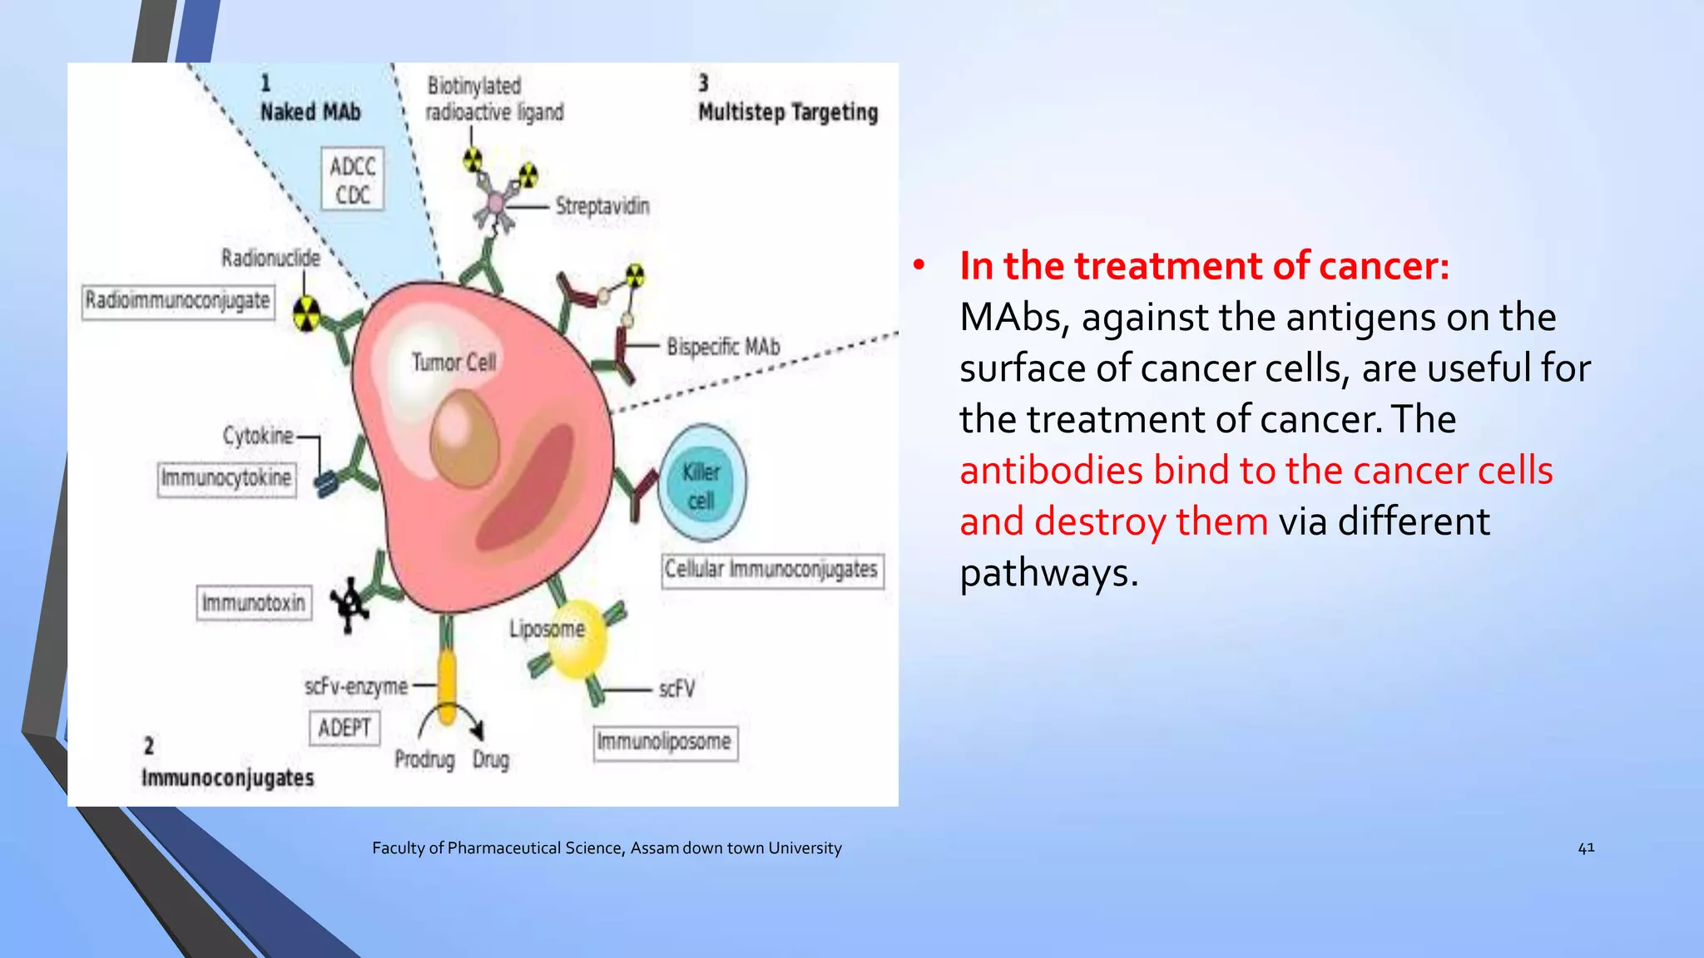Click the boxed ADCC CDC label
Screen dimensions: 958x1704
tap(353, 180)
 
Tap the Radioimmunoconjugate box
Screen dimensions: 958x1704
tap(178, 300)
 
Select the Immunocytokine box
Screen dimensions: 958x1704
tap(226, 478)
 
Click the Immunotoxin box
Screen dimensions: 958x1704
tap(254, 603)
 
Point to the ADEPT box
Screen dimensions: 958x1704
tap(344, 728)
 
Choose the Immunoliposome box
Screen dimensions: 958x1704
tap(665, 742)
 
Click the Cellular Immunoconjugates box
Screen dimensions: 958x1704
tap(771, 570)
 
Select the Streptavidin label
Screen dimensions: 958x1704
tap(602, 206)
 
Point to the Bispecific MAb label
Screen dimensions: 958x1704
tap(723, 347)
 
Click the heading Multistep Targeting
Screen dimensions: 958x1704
tap(788, 112)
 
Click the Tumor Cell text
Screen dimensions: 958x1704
tap(453, 363)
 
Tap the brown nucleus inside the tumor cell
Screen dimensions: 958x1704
tap(464, 440)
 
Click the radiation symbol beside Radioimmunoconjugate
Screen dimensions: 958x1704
tap(307, 314)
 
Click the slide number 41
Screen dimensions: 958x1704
tap(1586, 847)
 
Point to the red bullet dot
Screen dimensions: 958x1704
tap(919, 266)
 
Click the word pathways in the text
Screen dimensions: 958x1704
tap(1048, 573)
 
